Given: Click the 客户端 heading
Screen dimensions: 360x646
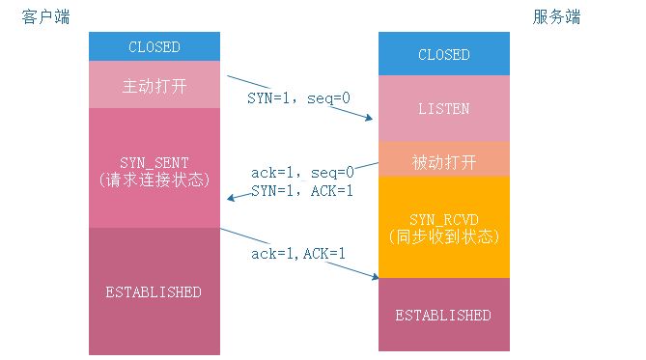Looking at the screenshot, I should [45, 18].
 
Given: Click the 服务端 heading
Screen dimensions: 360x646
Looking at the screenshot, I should [557, 18].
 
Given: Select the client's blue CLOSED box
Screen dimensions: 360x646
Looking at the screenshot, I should [154, 46].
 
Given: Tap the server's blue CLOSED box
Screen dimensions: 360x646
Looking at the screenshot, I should [443, 55].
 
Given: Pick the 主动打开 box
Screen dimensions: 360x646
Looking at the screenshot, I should [154, 84].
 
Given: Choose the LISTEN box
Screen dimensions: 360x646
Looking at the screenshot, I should [443, 109].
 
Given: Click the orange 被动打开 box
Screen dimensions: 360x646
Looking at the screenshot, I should [443, 159].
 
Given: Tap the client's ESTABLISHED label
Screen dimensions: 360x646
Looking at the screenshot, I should [154, 291].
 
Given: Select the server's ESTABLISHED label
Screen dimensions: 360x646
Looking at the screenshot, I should [443, 315].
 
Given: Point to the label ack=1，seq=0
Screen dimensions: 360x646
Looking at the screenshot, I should [301, 173].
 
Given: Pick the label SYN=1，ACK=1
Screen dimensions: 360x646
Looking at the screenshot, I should [301, 191].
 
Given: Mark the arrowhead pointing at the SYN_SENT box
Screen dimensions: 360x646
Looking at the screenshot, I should [228, 200].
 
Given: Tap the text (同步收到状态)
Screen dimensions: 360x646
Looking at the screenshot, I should [443, 237].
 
